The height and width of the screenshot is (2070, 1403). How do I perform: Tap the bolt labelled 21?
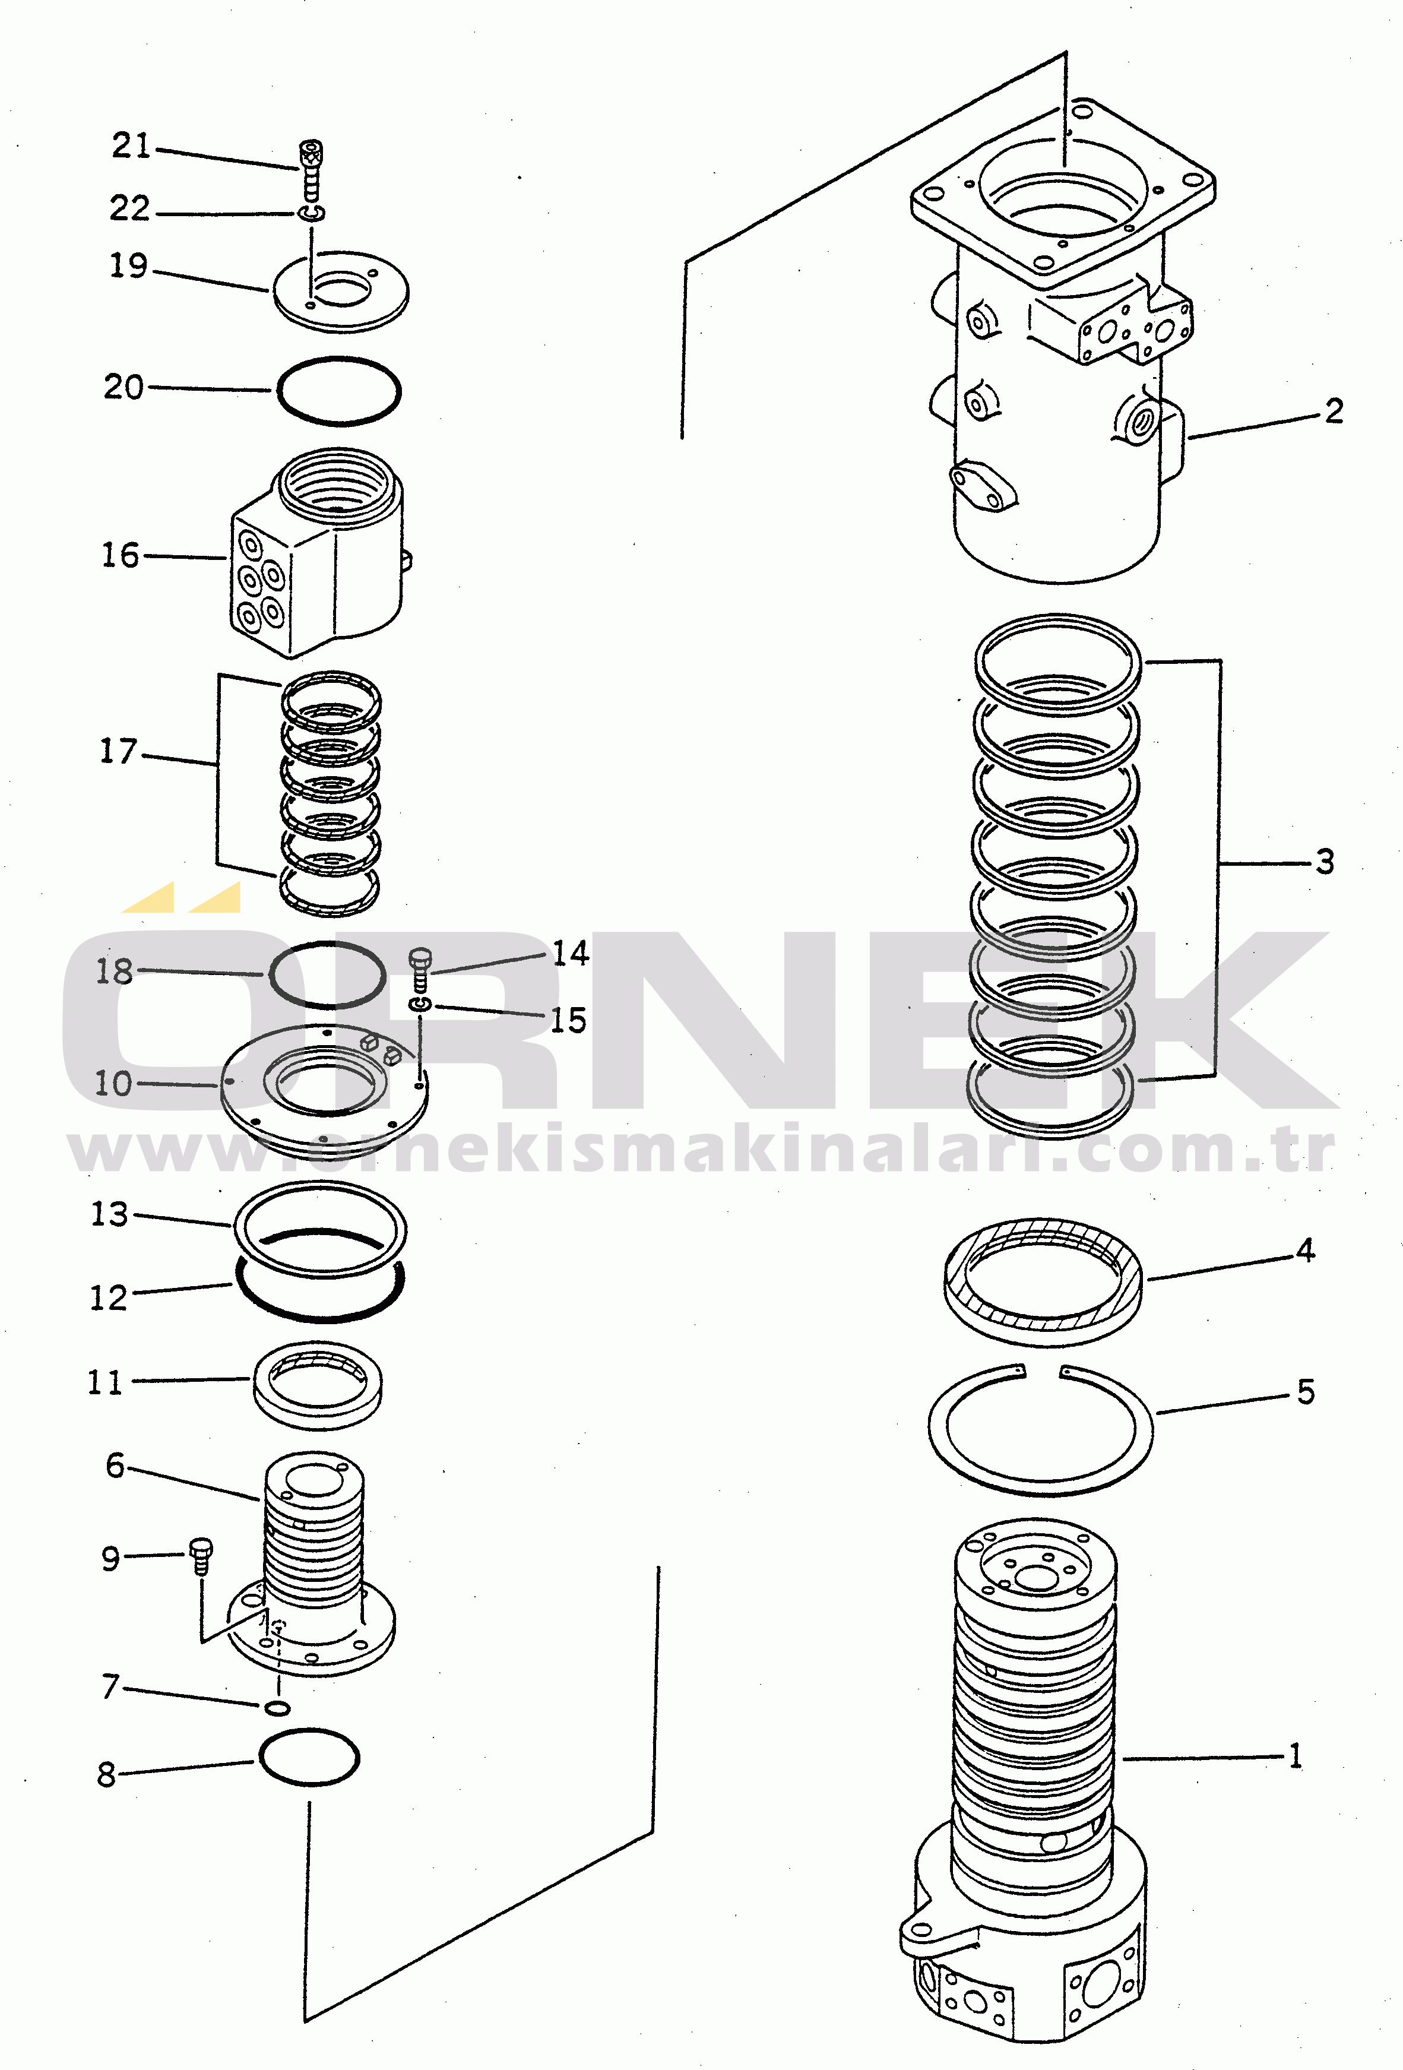311,169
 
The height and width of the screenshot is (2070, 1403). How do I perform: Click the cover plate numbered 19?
340,290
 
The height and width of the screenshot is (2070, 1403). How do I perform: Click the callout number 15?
568,1021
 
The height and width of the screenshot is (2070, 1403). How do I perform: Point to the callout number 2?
1334,412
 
